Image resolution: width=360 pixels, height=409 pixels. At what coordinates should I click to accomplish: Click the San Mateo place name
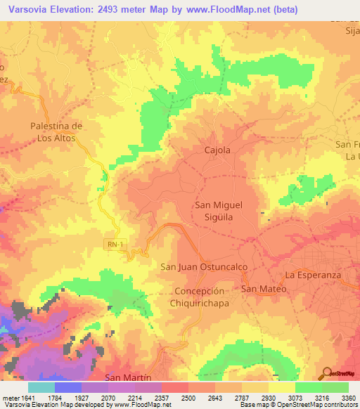(264, 289)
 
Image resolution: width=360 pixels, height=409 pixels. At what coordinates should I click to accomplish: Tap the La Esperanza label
(313, 275)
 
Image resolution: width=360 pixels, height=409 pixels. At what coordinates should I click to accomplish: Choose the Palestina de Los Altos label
(56, 131)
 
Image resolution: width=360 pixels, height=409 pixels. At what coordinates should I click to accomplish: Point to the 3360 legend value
(348, 398)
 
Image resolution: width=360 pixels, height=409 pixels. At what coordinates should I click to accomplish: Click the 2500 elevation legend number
(188, 398)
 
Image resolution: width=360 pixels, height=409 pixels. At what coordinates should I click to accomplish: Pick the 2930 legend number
(269, 398)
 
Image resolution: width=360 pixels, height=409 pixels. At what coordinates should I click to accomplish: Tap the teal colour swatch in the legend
(41, 387)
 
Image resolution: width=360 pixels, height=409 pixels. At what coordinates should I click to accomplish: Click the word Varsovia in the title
(27, 10)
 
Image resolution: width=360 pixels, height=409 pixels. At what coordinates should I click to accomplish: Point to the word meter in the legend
(11, 398)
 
